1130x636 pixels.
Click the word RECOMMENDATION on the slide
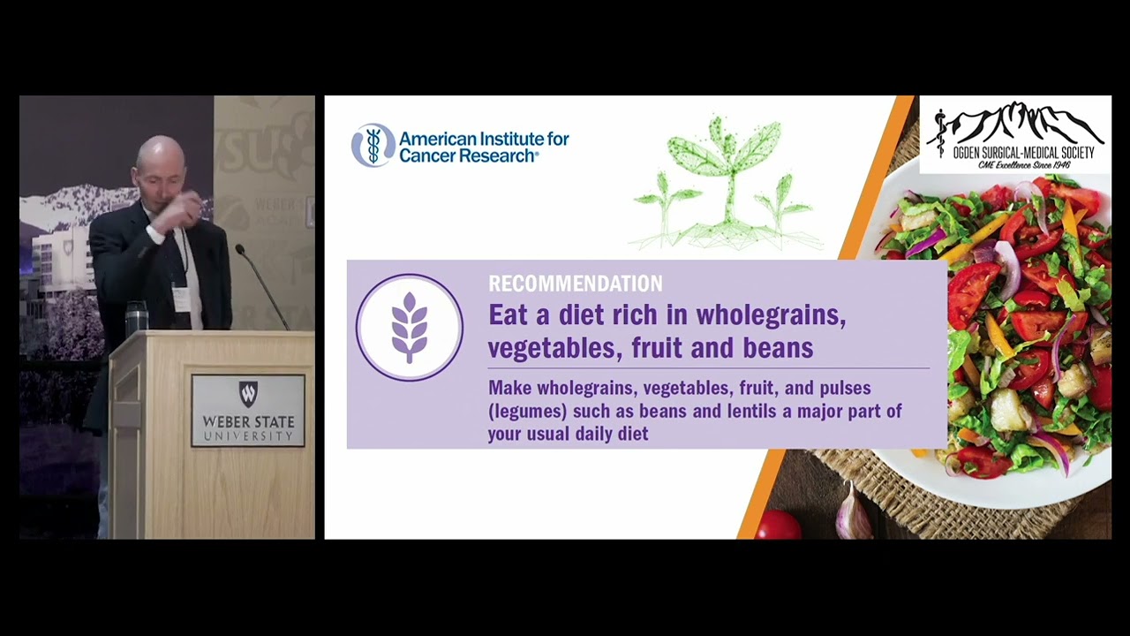tap(575, 284)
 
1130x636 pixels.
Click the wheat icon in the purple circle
tap(410, 327)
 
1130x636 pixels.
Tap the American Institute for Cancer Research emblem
tap(373, 146)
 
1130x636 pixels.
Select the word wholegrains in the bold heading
tap(771, 316)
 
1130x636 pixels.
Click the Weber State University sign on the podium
tap(248, 411)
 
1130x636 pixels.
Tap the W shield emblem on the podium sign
tap(248, 394)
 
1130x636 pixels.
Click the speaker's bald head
tap(161, 154)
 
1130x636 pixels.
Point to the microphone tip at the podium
tap(239, 249)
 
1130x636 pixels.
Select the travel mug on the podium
tap(137, 318)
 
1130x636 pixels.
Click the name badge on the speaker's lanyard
tap(181, 299)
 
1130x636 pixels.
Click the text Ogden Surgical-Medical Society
tap(1023, 153)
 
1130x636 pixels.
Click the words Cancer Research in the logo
tap(467, 155)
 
